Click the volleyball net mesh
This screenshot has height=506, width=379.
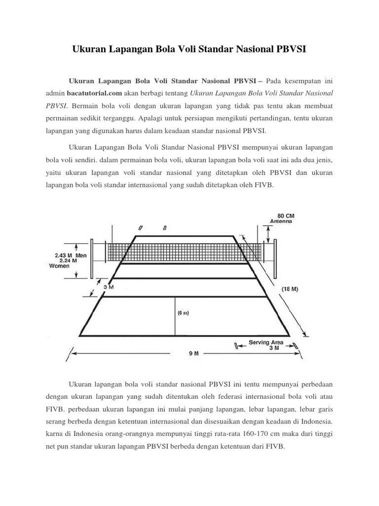click(x=188, y=252)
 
